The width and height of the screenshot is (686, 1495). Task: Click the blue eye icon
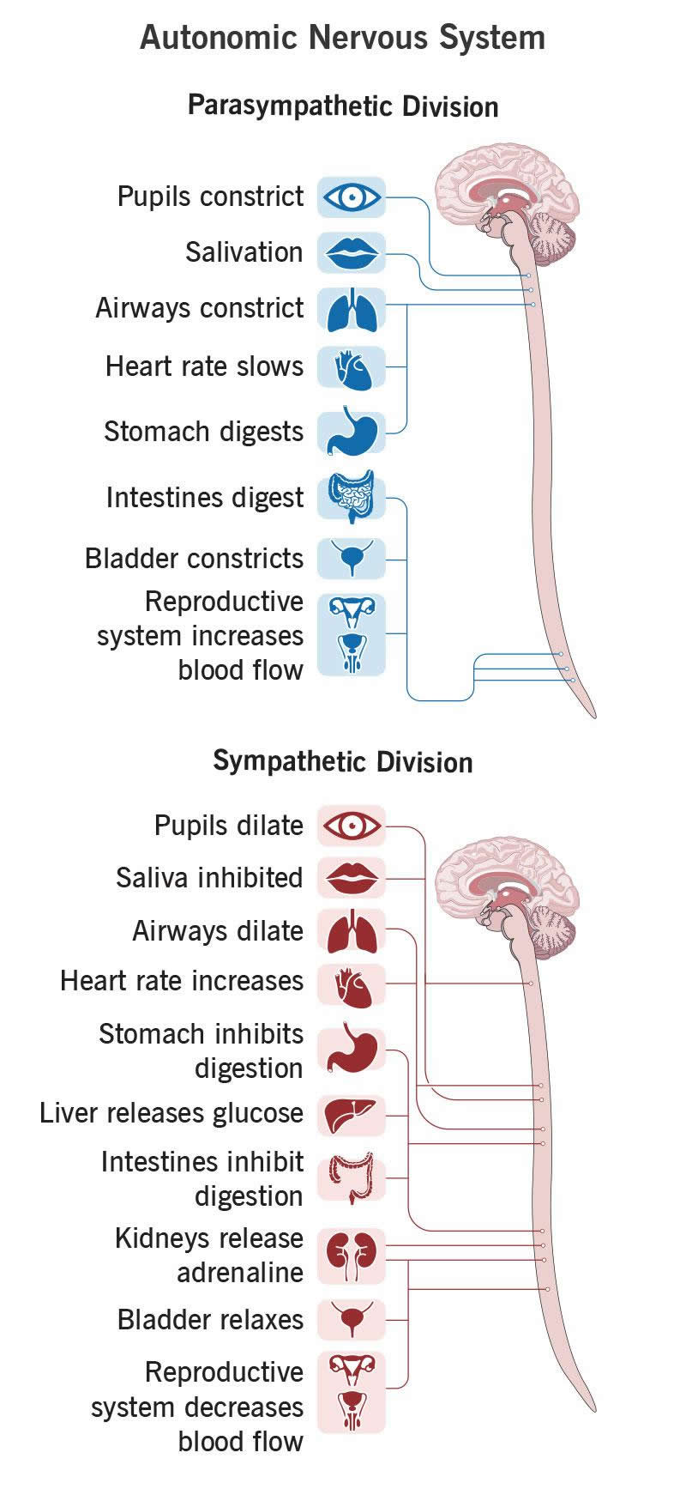coord(352,197)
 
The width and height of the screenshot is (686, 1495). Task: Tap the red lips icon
coord(352,253)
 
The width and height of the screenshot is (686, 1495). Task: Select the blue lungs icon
coord(352,310)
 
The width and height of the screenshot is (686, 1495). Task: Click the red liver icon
coord(352,1116)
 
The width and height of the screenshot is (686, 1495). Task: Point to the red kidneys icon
coord(352,1256)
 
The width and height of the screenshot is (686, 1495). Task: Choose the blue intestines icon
coord(352,497)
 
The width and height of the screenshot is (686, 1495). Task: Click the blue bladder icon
coord(352,559)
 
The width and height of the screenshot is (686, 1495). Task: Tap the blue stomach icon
coord(352,432)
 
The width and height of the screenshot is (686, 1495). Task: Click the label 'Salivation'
coord(244,252)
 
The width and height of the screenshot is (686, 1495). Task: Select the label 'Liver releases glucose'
coord(171,1113)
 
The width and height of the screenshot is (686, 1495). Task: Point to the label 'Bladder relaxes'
coord(211,1319)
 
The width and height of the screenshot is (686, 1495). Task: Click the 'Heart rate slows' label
coord(204,366)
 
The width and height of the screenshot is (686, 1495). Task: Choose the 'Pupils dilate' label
coord(229,826)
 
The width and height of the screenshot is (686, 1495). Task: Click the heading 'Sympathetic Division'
coord(343,762)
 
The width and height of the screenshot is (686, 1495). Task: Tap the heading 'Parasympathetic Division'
coord(343,106)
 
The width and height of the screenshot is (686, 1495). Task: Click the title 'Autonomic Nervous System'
coord(343,38)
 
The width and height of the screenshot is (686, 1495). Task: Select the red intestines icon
coord(352,1178)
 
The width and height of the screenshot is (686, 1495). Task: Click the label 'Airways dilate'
coord(218,931)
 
